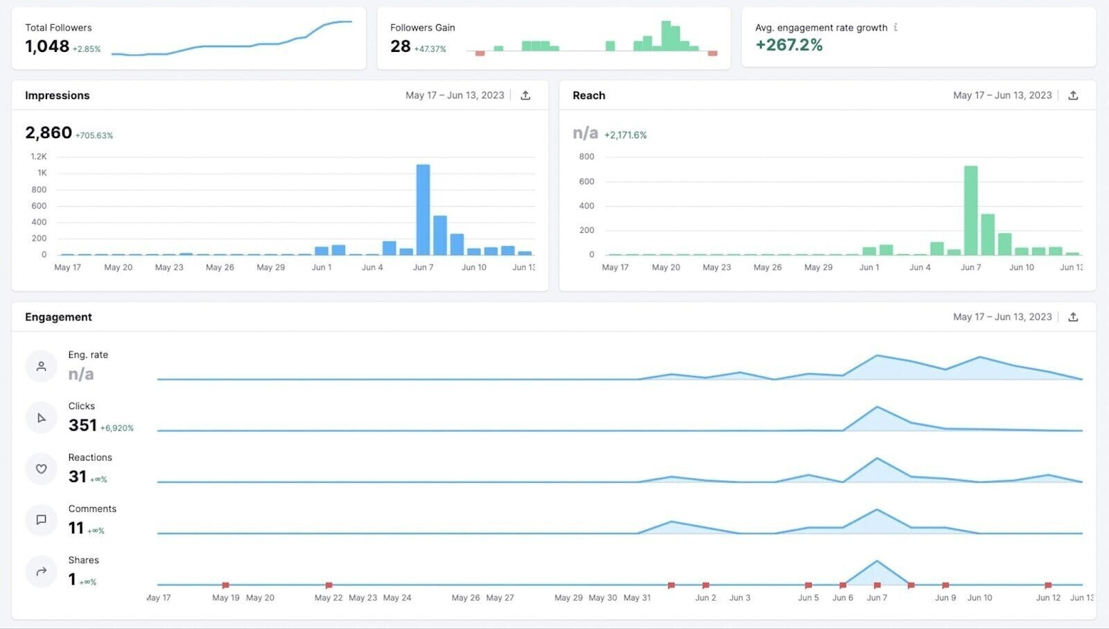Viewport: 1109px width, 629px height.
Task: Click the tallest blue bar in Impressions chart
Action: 423,209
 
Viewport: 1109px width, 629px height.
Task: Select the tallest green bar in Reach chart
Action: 970,210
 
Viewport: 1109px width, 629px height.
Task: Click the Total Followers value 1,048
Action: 47,46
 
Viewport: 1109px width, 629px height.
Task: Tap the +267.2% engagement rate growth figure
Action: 789,45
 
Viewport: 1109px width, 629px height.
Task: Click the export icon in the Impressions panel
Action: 525,96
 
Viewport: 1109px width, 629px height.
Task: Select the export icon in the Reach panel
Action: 1073,96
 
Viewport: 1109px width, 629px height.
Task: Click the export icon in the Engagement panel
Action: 1073,317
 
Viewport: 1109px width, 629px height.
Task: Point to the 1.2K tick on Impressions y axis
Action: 39,157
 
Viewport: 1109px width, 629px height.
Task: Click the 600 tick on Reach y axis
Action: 586,182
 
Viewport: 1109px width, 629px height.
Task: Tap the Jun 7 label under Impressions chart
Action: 423,267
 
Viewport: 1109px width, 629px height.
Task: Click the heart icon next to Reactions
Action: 41,469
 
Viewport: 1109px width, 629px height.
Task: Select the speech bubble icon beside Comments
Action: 41,520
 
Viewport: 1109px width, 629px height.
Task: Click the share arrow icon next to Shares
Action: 41,571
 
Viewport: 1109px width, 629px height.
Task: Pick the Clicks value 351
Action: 82,425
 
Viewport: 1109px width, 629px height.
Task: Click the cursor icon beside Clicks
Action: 41,417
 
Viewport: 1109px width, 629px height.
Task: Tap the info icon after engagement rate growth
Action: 896,27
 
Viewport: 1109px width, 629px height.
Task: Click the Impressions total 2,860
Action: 49,132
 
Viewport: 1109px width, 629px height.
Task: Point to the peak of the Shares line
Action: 877,561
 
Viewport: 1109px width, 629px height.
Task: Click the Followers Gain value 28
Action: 400,46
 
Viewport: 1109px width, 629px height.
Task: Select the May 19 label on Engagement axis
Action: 225,598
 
